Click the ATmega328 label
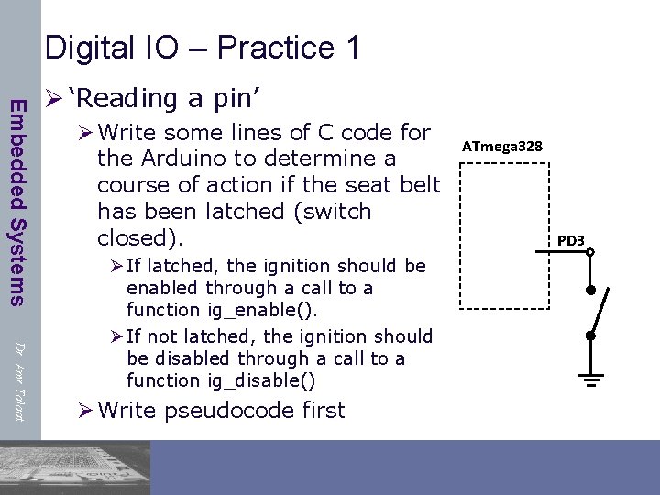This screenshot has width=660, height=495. pos(501,147)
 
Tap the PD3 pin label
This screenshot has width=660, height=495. pos(571,240)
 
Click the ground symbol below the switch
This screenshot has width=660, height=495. pos(591,379)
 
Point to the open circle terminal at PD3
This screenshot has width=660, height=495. pos(591,252)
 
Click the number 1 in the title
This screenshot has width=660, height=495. pos(352,47)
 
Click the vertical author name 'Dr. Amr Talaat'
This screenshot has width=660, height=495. pos(18,379)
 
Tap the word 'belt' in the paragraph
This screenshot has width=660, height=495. pos(421,184)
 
